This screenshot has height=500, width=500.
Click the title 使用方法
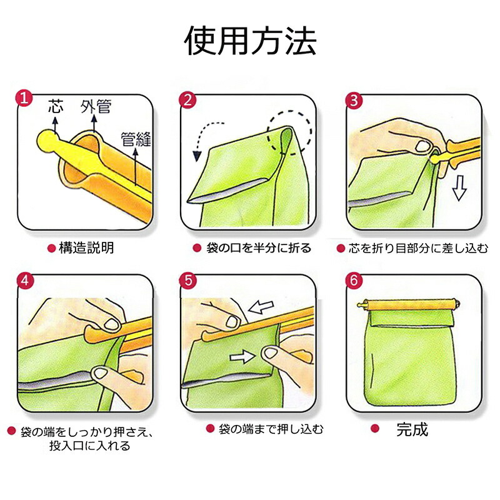(251, 41)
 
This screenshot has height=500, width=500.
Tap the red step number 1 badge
(24, 98)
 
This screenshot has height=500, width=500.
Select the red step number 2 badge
(188, 99)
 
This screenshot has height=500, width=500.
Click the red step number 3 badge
(354, 100)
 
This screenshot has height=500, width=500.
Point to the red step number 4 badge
(24, 280)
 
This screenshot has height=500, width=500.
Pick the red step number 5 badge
(188, 280)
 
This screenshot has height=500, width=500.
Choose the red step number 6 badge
(354, 280)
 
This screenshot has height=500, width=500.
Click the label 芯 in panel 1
(56, 106)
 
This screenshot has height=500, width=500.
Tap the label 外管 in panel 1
(96, 107)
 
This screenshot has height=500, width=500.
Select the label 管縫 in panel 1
(136, 139)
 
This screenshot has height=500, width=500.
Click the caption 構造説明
(86, 247)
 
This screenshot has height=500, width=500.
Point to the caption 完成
(412, 429)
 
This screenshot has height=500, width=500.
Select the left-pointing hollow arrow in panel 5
(261, 307)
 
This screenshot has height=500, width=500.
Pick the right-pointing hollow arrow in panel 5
(242, 356)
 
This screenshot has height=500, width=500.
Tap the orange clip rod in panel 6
(409, 304)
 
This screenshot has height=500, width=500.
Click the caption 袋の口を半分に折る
(258, 247)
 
